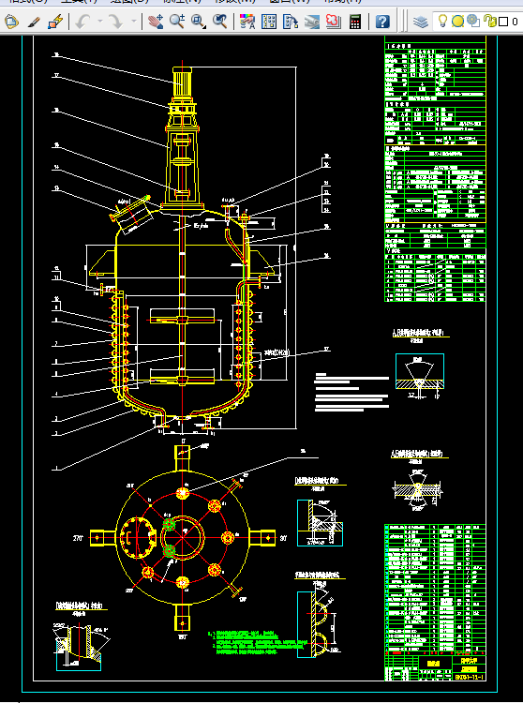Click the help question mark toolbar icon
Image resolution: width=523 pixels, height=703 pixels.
click(x=382, y=21)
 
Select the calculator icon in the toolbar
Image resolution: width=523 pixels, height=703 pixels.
click(x=355, y=21)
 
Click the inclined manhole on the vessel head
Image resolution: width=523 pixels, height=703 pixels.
click(x=131, y=208)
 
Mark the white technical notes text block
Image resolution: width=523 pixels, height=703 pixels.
click(x=351, y=393)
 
